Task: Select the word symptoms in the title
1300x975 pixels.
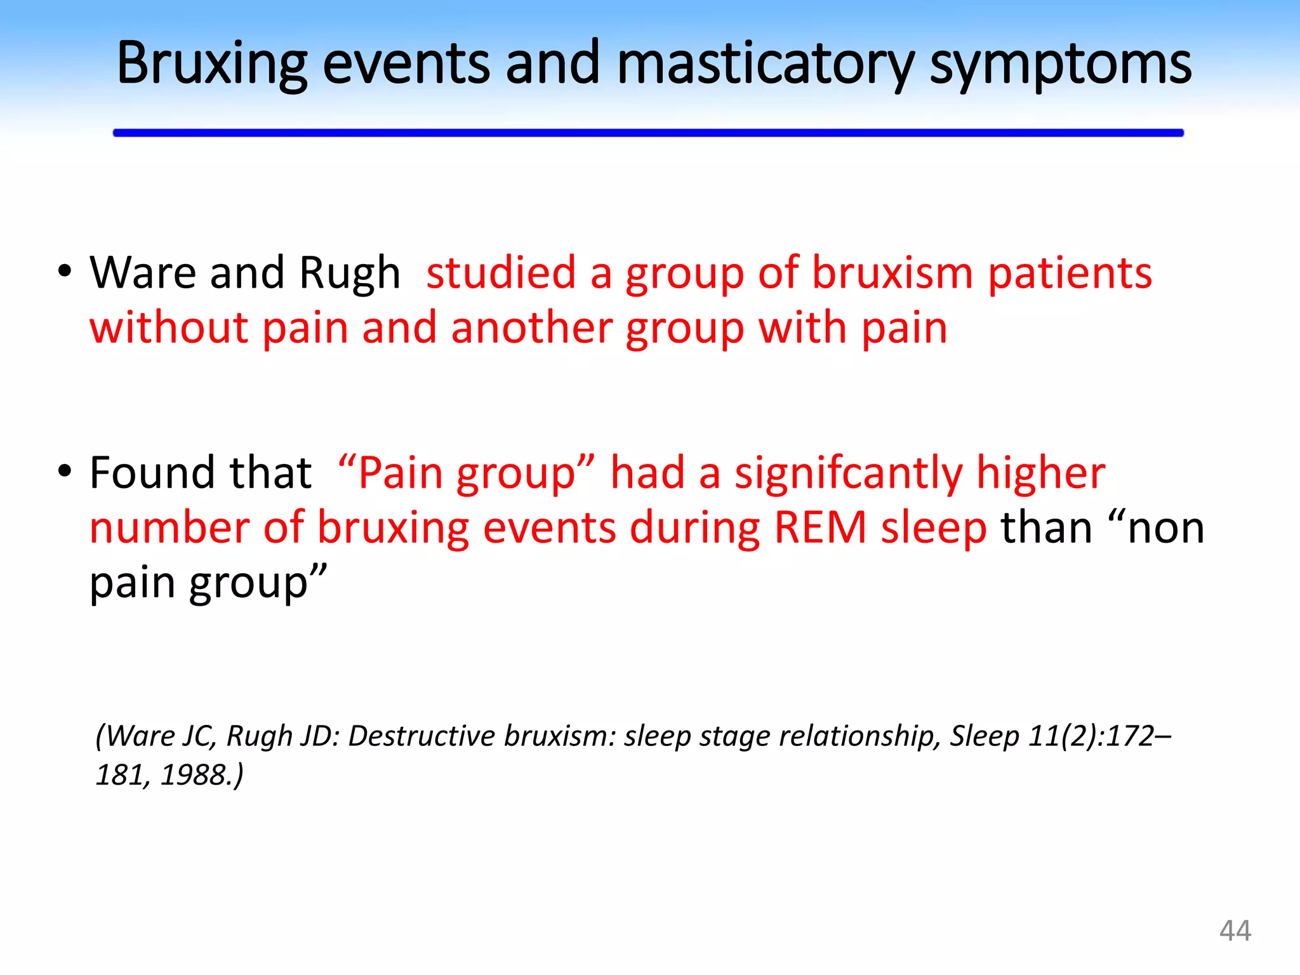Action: (x=1060, y=63)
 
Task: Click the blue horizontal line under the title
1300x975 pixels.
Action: (x=647, y=133)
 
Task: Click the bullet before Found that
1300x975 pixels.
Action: (x=64, y=472)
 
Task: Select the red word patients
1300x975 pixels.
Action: (x=1070, y=273)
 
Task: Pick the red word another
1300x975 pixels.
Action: (x=531, y=328)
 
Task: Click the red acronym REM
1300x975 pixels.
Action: (x=820, y=527)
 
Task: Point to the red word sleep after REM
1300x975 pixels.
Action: (x=934, y=529)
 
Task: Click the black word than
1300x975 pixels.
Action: (x=1046, y=527)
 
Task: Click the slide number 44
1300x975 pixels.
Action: (x=1235, y=931)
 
